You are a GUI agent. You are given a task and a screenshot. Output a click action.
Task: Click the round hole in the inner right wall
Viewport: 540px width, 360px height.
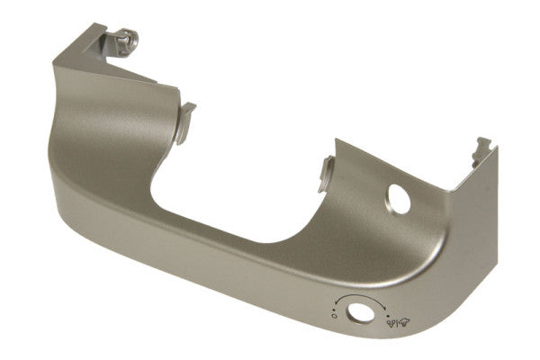400,198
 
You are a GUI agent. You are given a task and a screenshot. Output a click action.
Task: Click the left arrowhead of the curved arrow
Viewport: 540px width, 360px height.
336,304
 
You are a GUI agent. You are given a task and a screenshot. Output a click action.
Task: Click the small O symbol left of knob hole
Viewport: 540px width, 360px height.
333,317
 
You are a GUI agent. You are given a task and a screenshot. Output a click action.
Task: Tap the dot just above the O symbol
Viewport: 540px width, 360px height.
334,309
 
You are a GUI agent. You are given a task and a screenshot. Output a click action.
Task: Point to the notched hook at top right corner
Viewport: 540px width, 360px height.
483,148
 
